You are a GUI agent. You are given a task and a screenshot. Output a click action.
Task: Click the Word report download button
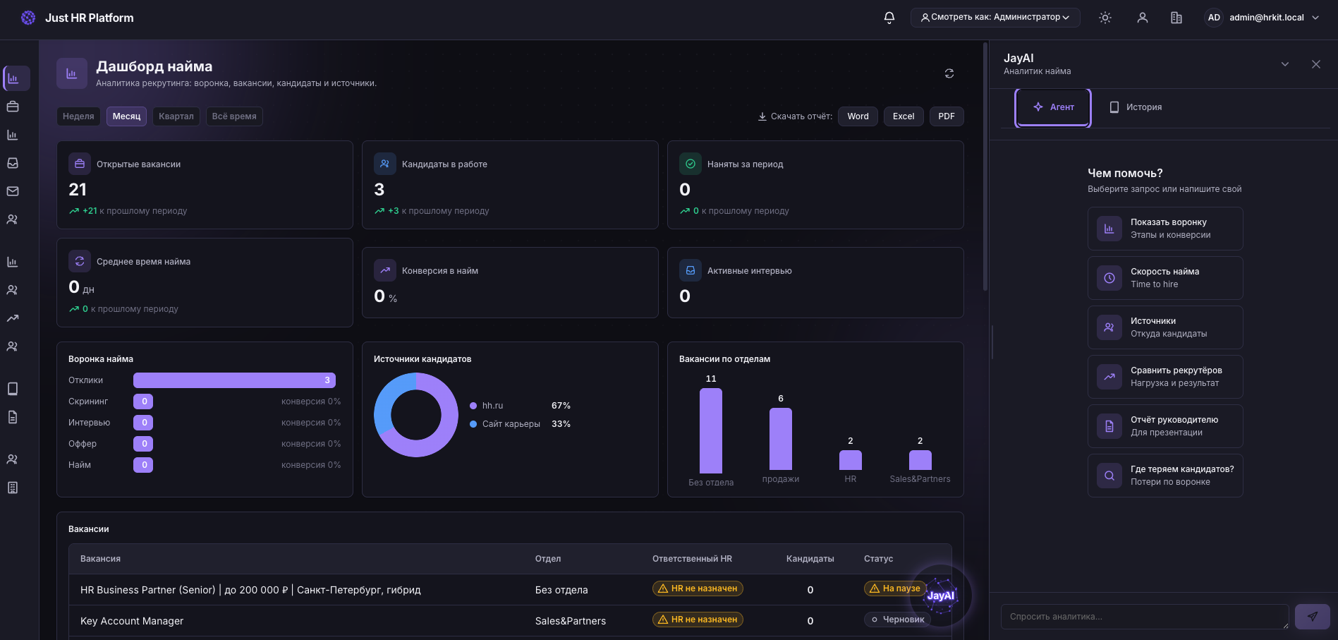click(858, 116)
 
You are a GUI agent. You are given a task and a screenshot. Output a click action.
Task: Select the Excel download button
click(903, 116)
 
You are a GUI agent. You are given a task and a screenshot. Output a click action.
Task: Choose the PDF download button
click(947, 116)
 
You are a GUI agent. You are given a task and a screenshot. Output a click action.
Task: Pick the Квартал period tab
click(176, 116)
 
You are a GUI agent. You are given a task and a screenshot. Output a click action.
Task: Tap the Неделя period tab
click(78, 116)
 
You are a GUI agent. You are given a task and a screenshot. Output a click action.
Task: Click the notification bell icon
click(889, 18)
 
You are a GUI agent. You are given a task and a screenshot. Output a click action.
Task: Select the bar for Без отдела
click(711, 430)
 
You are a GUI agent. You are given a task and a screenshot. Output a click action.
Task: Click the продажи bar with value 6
click(781, 439)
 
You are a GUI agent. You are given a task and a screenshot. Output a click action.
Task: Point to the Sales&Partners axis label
click(920, 479)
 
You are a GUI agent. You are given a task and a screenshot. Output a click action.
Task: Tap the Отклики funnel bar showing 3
click(234, 380)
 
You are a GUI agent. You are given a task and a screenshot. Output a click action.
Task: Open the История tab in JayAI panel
click(1136, 107)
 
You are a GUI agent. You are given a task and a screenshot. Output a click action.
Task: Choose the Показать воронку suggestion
click(1165, 229)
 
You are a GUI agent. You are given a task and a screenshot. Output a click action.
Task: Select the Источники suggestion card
click(1165, 327)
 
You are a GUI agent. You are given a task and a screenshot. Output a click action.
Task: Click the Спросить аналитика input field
click(1144, 617)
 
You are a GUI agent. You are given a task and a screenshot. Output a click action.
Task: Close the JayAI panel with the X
click(1316, 64)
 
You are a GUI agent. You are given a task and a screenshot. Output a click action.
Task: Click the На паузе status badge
click(895, 588)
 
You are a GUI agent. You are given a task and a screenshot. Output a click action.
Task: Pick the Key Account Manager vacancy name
click(132, 621)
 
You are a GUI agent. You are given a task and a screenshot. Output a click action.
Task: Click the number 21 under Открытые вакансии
click(78, 190)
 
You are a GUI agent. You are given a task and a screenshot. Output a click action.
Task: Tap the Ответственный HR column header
click(692, 559)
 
